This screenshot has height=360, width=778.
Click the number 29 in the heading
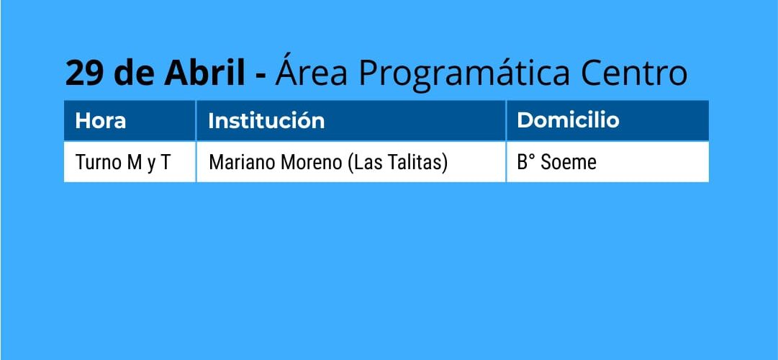[84, 73]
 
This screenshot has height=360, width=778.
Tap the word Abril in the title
[204, 72]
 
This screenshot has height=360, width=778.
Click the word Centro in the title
[634, 73]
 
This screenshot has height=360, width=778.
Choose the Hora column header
[100, 121]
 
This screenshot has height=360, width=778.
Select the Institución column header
[266, 120]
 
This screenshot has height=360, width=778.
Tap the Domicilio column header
[568, 120]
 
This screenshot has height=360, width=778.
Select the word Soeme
[568, 163]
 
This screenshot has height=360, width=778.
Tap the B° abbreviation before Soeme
[526, 163]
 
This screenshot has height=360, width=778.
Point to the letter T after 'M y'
[165, 163]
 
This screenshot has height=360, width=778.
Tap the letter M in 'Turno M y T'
[135, 163]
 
